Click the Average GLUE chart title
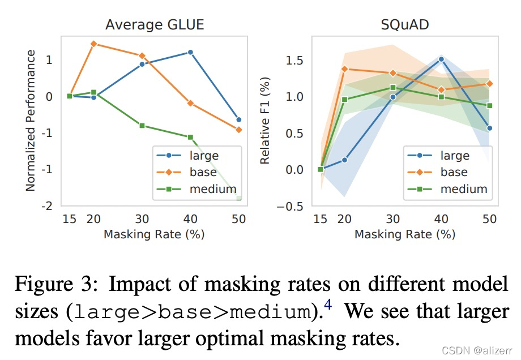(x=155, y=25)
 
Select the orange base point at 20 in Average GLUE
(x=93, y=44)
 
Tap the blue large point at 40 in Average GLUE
(x=190, y=52)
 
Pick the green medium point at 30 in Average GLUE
(x=142, y=125)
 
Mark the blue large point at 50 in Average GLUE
(x=238, y=119)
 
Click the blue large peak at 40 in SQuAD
(x=441, y=59)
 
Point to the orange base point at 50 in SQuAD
(x=489, y=84)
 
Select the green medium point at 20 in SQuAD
(x=344, y=100)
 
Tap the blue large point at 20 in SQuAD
(x=344, y=160)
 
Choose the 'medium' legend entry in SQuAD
(x=464, y=188)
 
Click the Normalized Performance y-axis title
(x=31, y=120)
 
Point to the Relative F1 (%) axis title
(x=265, y=120)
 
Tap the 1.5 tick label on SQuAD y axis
(x=294, y=60)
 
